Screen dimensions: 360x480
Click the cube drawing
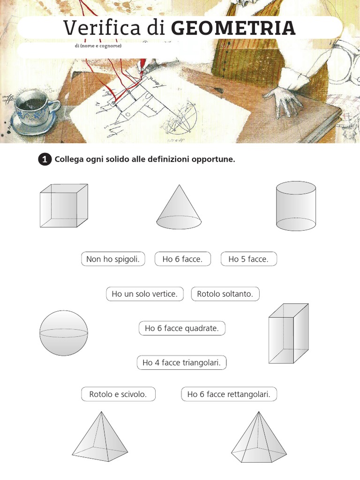pos(64,206)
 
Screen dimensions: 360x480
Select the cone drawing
pos(179,207)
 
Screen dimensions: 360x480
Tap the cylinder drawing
pos(296,206)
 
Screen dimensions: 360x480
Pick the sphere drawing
pos(64,333)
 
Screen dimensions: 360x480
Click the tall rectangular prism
pos(288,333)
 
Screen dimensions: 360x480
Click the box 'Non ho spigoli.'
pos(113,259)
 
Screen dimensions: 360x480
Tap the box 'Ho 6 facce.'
pos(183,259)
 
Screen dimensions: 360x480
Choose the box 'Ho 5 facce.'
pos(248,259)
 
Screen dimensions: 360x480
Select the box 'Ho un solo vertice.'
pos(145,294)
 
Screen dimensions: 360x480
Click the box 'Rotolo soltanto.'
pos(225,294)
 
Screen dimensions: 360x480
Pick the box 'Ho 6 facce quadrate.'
pos(182,328)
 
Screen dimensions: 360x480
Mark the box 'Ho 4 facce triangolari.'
pos(181,363)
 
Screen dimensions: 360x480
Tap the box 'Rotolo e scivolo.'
pos(118,394)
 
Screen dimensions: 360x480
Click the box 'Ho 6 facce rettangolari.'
pos(229,394)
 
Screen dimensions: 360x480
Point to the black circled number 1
pos(45,159)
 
